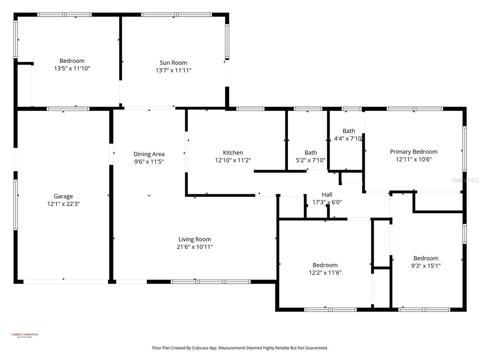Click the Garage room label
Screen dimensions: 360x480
(x=63, y=196)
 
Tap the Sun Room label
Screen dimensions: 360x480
(x=173, y=63)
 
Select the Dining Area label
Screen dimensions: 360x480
(x=149, y=154)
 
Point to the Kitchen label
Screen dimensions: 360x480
(x=233, y=153)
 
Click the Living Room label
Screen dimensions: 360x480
(x=195, y=239)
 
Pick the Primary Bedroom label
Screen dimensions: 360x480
(x=414, y=152)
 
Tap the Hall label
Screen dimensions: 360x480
(x=327, y=195)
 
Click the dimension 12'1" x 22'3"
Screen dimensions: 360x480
(x=63, y=204)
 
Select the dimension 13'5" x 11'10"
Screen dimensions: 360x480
(x=72, y=69)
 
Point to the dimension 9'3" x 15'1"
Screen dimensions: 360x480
(x=426, y=266)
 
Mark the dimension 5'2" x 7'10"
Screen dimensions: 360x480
(x=310, y=160)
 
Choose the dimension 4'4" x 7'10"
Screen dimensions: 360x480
(x=348, y=138)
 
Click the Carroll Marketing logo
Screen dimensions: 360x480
(x=25, y=335)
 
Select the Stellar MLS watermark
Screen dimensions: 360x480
(x=465, y=180)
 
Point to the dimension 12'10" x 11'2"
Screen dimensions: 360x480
(x=233, y=160)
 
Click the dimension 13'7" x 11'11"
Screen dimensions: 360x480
(x=173, y=70)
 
